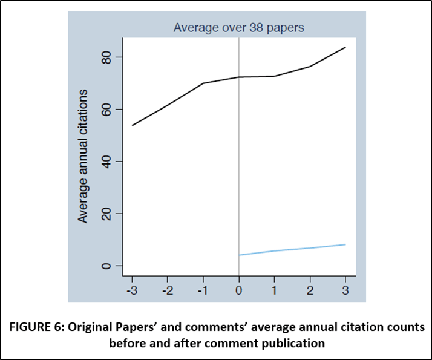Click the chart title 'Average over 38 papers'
coord(238,27)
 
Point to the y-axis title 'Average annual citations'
coord(84,155)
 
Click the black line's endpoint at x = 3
coord(345,47)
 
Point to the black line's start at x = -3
coord(132,125)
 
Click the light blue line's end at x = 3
coord(345,244)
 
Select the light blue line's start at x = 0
coord(239,255)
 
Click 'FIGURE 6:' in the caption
coord(41,327)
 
